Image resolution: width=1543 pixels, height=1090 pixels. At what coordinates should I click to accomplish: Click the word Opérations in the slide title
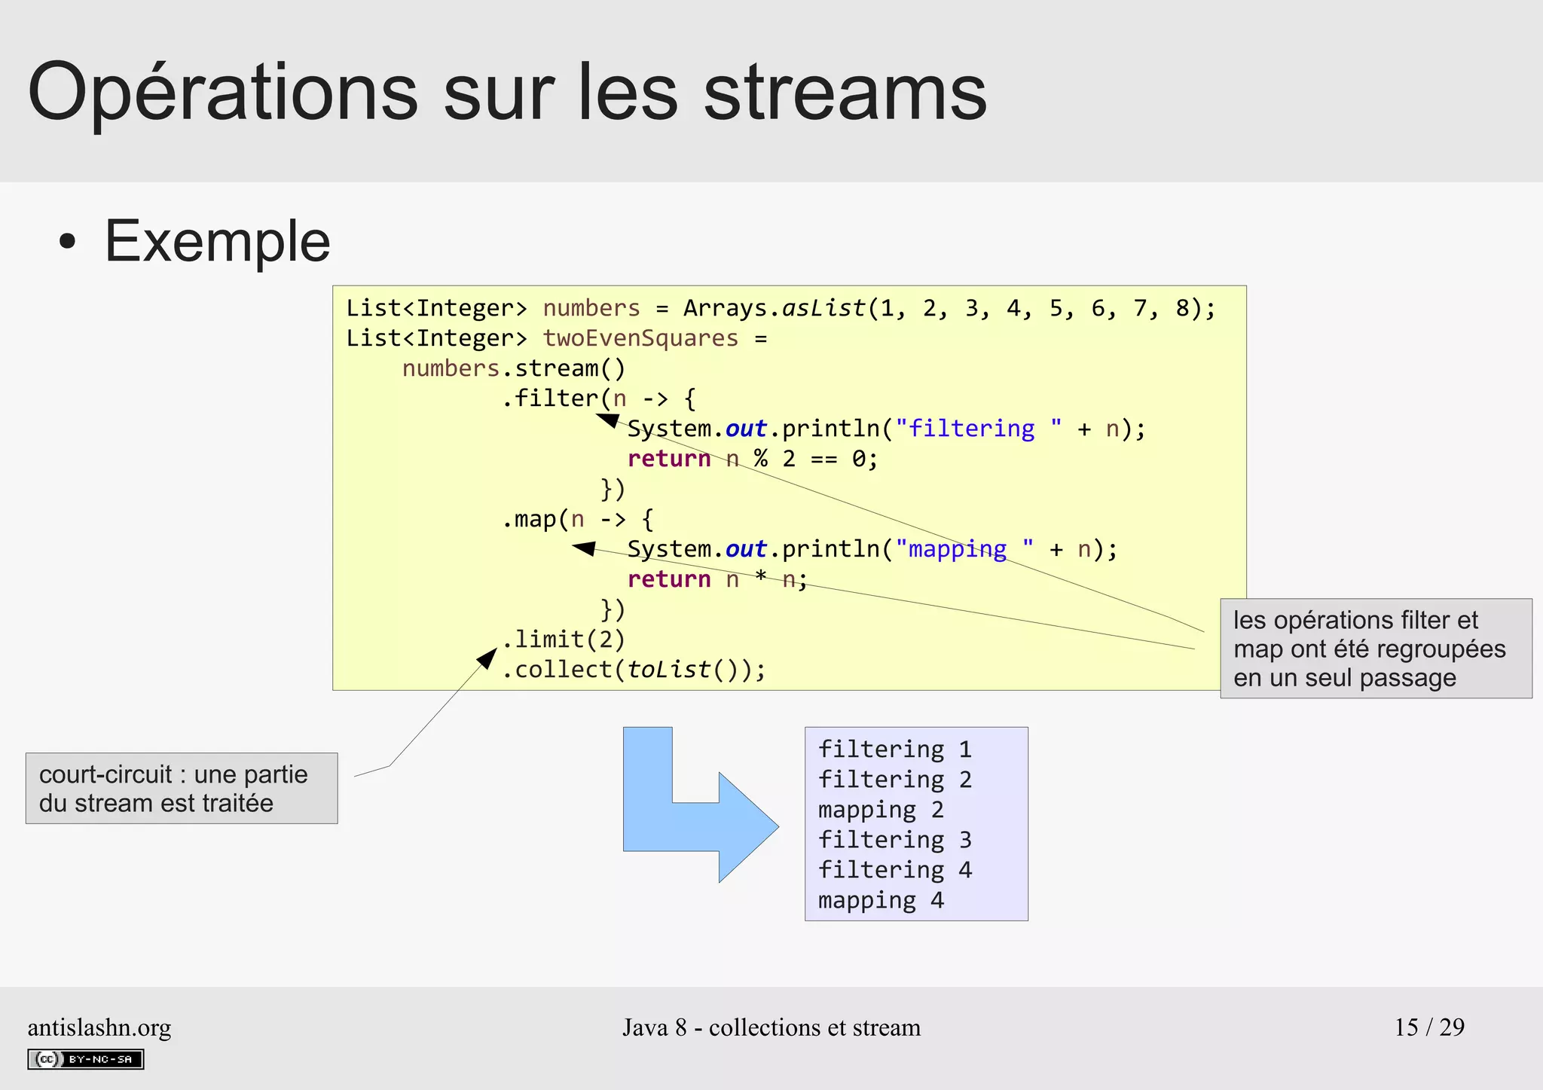[223, 93]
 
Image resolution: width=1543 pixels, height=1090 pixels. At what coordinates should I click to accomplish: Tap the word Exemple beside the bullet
[217, 241]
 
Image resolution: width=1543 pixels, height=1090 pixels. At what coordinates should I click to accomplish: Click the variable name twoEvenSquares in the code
[640, 338]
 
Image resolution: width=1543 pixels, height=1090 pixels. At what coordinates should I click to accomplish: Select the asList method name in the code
[823, 308]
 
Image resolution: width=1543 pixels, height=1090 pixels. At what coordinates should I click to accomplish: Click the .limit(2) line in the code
[564, 640]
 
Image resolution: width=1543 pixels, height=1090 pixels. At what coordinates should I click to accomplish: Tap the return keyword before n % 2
[669, 459]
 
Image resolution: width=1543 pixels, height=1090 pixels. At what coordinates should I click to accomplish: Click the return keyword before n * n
[669, 579]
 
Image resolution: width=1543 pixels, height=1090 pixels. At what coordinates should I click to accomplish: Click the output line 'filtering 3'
[895, 839]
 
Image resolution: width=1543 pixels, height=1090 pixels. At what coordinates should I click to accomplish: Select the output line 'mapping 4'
[881, 900]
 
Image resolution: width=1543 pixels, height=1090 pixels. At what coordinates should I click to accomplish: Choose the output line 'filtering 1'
[895, 749]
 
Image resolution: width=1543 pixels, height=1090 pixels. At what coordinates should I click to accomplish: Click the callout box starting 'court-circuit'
[182, 788]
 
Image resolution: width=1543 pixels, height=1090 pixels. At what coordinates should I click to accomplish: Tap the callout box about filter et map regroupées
[1376, 649]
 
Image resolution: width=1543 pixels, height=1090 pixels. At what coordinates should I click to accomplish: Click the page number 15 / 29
[1429, 1027]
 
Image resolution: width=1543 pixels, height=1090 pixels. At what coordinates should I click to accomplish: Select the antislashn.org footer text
[99, 1027]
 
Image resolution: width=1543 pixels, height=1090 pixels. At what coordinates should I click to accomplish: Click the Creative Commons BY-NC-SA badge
[86, 1059]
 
